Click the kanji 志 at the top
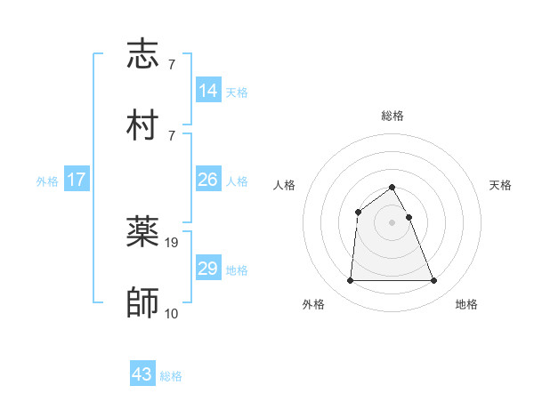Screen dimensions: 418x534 coord(142,56)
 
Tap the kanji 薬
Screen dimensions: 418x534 coord(142,233)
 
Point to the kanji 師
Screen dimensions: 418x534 coord(142,302)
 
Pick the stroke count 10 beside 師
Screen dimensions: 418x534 coord(172,312)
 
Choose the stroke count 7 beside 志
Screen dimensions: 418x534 coord(171,65)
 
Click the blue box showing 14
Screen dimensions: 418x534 coord(208,91)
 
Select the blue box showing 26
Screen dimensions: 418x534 coord(208,180)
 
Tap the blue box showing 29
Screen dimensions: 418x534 coord(208,269)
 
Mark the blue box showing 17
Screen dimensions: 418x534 coord(77,180)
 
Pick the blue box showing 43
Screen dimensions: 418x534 coord(142,375)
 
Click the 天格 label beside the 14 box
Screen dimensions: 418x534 coord(237,92)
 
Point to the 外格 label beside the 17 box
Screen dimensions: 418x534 coord(47,181)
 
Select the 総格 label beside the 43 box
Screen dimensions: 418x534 coord(171,376)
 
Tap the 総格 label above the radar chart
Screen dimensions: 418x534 coord(392,116)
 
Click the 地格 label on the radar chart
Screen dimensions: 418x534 coord(466,305)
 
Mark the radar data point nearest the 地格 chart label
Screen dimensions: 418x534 coord(433,281)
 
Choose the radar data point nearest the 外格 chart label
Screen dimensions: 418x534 coord(350,281)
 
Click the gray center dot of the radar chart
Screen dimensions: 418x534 coord(392,222)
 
